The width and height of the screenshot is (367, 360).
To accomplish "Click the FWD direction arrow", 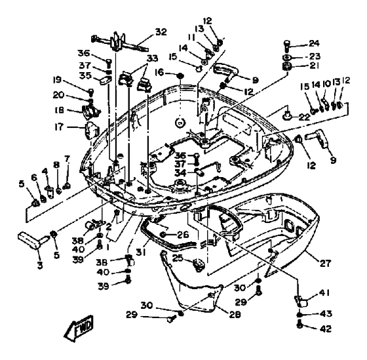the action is (79, 329).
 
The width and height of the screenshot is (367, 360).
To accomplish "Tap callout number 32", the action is (161, 32).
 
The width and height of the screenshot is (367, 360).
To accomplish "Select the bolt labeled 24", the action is (287, 45).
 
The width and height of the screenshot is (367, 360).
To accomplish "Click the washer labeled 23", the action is (286, 58).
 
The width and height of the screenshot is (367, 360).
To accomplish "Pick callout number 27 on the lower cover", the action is (326, 263).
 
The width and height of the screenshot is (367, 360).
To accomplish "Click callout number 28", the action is (235, 315).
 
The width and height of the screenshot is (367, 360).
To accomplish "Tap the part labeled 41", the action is (301, 302).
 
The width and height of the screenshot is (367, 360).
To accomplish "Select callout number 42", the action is (326, 329).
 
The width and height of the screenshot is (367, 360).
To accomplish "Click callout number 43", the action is (326, 313).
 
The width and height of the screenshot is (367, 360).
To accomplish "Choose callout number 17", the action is (59, 127).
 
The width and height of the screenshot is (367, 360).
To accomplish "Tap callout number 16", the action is (160, 72).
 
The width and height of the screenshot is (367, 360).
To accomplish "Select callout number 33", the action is (152, 58).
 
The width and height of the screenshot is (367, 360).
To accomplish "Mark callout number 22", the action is (304, 117).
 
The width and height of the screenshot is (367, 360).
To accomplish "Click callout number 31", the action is (141, 252).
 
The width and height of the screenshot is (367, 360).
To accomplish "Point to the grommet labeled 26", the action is (163, 235).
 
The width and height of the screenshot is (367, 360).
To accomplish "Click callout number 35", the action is (85, 75).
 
